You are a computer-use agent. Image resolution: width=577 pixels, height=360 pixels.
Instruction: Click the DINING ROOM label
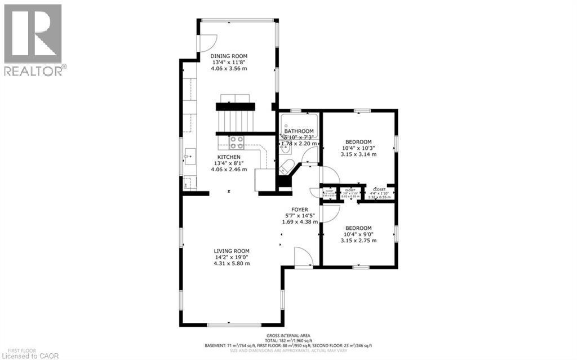coord(229,56)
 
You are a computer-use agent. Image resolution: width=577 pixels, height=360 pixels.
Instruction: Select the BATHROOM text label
coord(299,131)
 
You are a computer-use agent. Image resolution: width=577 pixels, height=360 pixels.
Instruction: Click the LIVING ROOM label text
coord(231,251)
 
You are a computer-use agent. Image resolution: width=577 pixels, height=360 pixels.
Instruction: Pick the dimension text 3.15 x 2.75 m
coord(358,241)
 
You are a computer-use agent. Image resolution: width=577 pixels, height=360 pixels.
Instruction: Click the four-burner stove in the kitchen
coord(236,142)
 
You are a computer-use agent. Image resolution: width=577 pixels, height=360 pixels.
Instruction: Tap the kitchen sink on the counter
coord(188,155)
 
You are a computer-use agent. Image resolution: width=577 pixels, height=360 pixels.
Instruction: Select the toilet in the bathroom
coord(286,167)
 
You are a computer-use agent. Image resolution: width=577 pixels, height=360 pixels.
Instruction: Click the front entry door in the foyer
coord(303,256)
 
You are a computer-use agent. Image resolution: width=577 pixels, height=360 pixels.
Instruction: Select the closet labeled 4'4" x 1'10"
coord(379,193)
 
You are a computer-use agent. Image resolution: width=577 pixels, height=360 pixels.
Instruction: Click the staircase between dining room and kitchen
coord(236,120)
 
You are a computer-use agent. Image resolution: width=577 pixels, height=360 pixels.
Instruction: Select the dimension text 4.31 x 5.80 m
coord(231,263)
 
